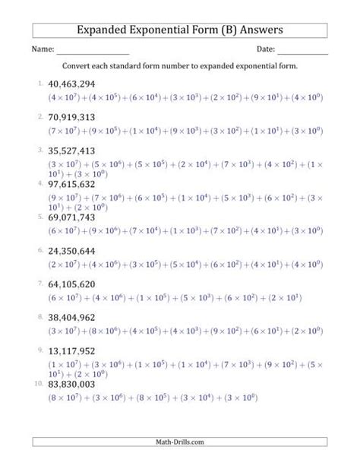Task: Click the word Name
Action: [42, 49]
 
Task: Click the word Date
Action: [265, 49]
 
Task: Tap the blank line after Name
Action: [92, 52]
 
